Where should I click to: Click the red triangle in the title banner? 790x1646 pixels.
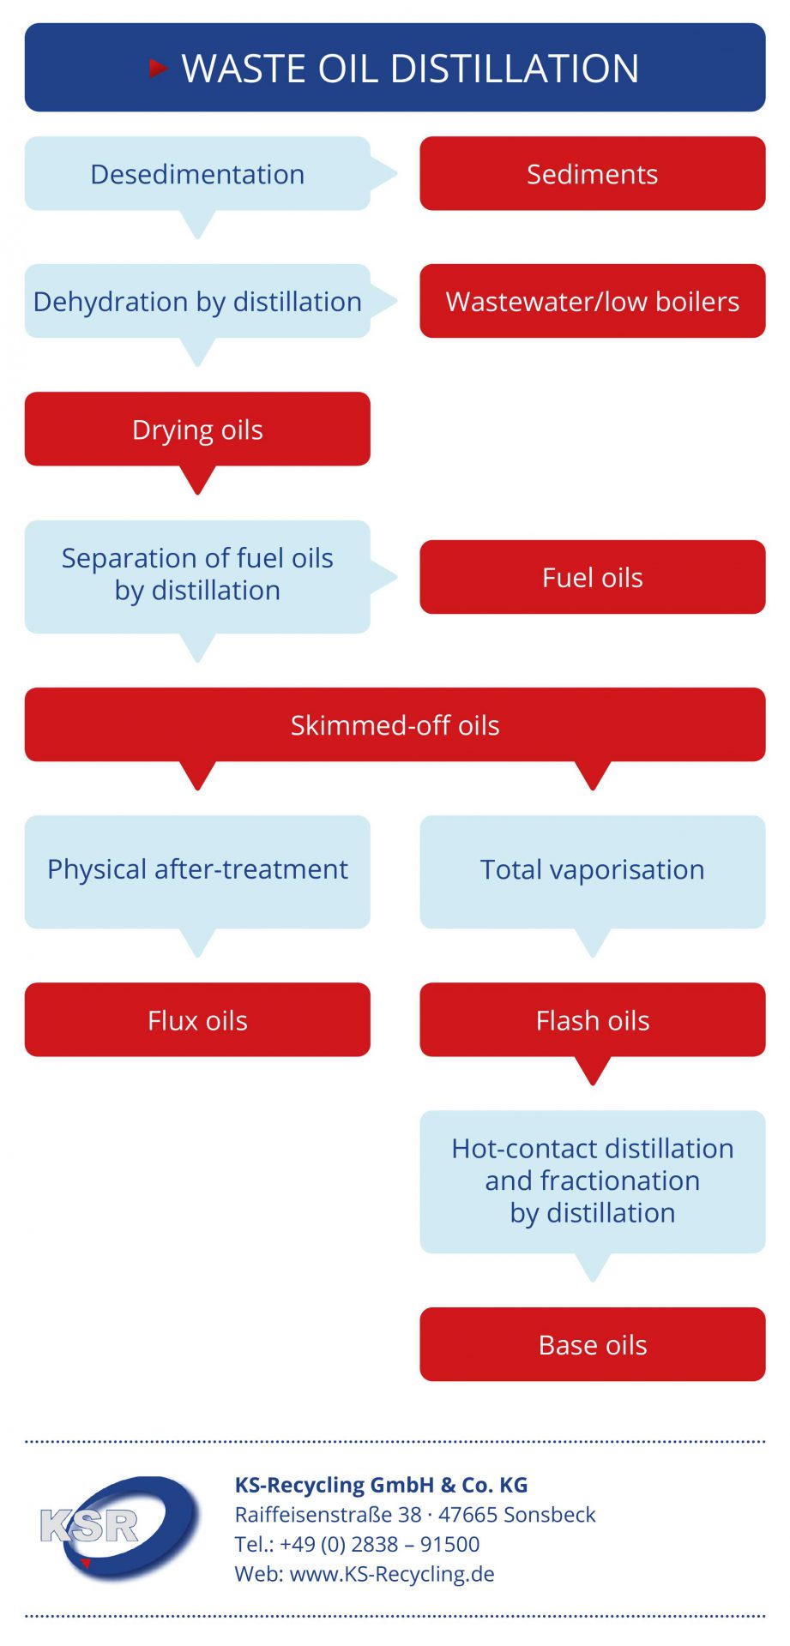[x=158, y=68]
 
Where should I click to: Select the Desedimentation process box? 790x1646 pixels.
[x=197, y=173]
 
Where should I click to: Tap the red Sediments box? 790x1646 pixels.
[x=592, y=173]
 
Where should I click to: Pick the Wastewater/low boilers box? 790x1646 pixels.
[x=592, y=301]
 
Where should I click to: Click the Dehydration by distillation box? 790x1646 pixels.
[x=197, y=301]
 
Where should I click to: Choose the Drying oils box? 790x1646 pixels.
[x=197, y=429]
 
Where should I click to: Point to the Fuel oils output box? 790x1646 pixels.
[x=592, y=577]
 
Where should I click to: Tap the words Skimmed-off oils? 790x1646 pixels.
[x=395, y=725]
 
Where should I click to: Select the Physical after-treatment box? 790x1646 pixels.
[x=197, y=871]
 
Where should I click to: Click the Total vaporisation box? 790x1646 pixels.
[x=592, y=871]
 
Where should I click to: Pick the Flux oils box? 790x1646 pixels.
[x=197, y=1019]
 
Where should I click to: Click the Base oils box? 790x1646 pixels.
[x=592, y=1344]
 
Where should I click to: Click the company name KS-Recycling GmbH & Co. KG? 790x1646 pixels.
[x=381, y=1485]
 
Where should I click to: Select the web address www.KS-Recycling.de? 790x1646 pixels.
[x=392, y=1574]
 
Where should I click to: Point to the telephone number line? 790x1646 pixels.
[x=357, y=1544]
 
